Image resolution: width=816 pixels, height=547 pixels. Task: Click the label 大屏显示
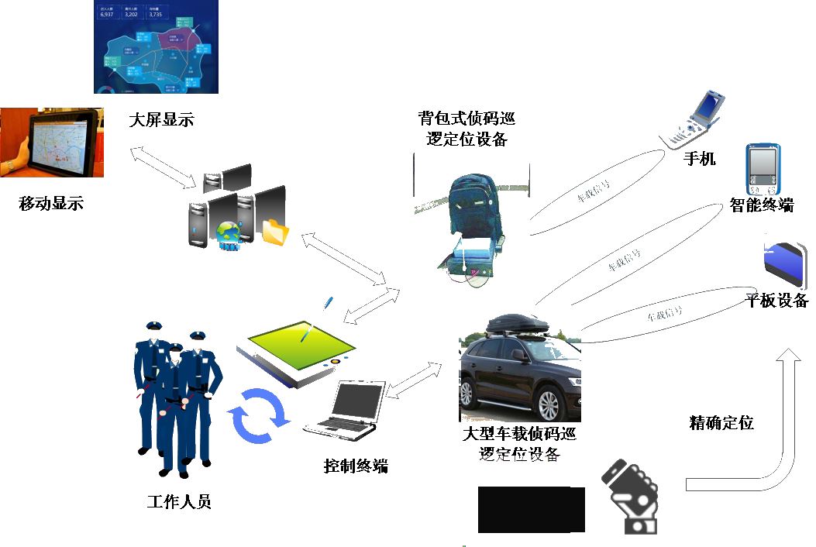tap(161, 120)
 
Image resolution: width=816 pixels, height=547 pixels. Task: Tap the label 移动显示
tap(50, 205)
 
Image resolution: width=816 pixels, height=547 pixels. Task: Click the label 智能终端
tap(762, 205)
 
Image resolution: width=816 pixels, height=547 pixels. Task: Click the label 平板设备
tap(777, 301)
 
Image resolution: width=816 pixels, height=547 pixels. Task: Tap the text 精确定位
tap(721, 423)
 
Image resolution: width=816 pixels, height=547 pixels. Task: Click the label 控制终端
tap(356, 466)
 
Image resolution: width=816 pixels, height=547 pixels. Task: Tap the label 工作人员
tap(179, 502)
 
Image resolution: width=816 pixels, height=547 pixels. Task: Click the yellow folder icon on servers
tap(274, 232)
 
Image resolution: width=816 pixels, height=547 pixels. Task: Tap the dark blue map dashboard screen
tap(156, 46)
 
